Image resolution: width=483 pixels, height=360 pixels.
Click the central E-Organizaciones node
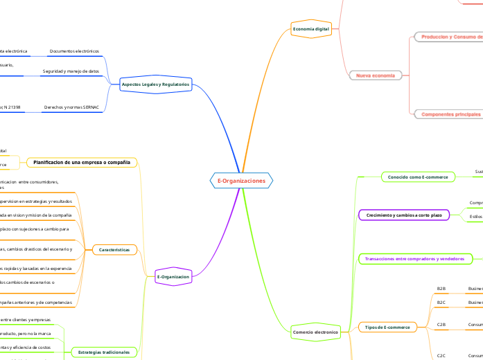(x=241, y=181)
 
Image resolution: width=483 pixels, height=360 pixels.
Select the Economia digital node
(x=311, y=28)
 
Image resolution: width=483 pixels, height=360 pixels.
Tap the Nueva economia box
(x=375, y=75)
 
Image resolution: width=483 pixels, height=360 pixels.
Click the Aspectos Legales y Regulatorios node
(x=155, y=84)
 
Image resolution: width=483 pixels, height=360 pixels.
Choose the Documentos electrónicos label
(x=74, y=51)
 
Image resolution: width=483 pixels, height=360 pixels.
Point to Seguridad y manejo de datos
(x=71, y=71)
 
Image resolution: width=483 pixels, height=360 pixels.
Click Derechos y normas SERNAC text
(x=71, y=107)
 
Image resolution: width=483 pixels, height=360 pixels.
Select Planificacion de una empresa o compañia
(x=82, y=162)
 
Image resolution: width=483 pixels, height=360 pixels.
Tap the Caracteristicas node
(x=114, y=249)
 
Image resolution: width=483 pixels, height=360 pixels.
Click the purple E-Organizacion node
(x=173, y=276)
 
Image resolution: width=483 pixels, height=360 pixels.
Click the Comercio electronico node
(x=315, y=332)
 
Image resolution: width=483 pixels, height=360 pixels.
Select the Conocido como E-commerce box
(x=418, y=177)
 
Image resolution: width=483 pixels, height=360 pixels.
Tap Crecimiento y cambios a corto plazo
(x=403, y=215)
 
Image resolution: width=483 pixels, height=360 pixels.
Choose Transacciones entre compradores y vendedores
(x=414, y=258)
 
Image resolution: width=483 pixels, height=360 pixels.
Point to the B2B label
(x=441, y=288)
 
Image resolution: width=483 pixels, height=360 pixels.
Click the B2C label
(x=441, y=303)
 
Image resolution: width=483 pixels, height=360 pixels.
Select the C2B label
(x=441, y=324)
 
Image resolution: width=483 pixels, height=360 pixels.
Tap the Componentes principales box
(x=451, y=114)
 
